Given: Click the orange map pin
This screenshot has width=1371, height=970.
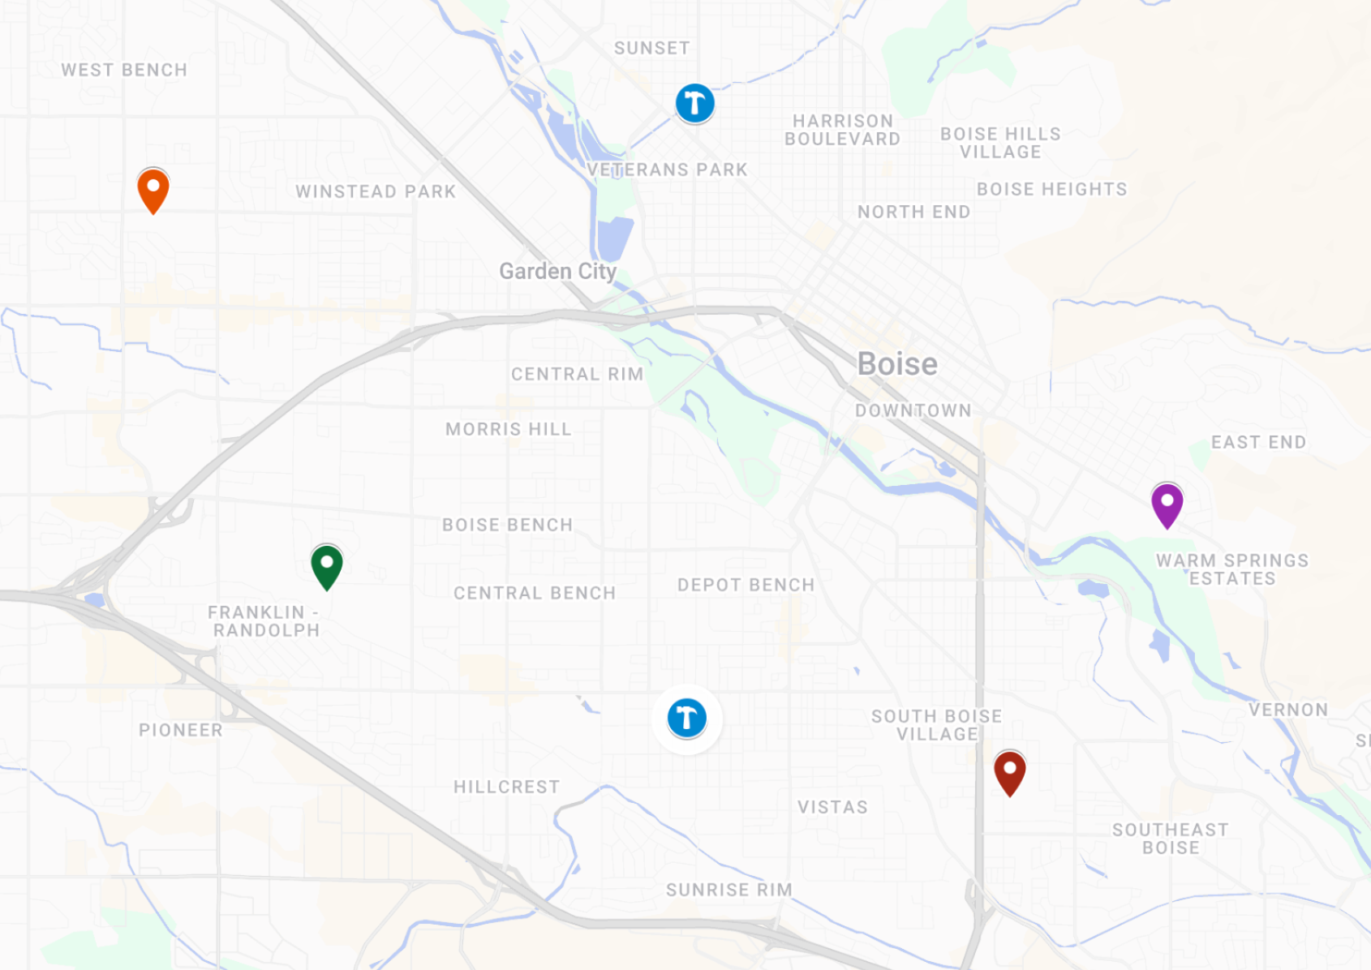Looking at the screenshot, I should point(153,189).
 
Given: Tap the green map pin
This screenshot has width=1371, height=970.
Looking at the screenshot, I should point(327,565).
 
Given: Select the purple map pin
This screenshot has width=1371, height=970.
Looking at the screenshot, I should point(1167,504).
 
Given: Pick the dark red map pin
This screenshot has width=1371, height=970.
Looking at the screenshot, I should point(1009,771).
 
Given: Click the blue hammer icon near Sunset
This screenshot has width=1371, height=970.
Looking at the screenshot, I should point(695,104).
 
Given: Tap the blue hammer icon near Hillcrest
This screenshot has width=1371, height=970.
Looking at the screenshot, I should point(687,719).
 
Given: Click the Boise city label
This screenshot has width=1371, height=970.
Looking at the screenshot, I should point(897,364).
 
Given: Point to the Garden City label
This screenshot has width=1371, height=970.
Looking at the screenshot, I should point(557,271).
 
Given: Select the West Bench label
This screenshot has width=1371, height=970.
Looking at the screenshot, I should point(124,70).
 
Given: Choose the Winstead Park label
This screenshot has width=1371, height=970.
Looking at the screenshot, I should point(376,191).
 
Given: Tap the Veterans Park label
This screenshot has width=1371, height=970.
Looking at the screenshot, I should point(667,170).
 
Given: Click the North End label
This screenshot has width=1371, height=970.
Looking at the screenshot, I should point(913,212).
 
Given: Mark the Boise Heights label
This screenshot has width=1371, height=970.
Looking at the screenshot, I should point(1051,189).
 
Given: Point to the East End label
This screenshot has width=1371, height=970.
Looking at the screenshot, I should point(1258,442).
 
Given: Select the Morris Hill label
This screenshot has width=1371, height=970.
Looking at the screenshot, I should point(509,429).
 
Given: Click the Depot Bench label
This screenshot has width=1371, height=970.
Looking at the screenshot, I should point(746,585).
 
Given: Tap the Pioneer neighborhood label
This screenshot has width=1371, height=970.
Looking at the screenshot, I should point(180,730).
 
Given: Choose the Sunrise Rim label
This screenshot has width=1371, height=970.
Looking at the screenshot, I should point(728,890).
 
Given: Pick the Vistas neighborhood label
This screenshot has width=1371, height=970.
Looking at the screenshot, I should point(832,807).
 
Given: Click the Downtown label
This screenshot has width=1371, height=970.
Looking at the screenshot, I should point(913,410).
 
